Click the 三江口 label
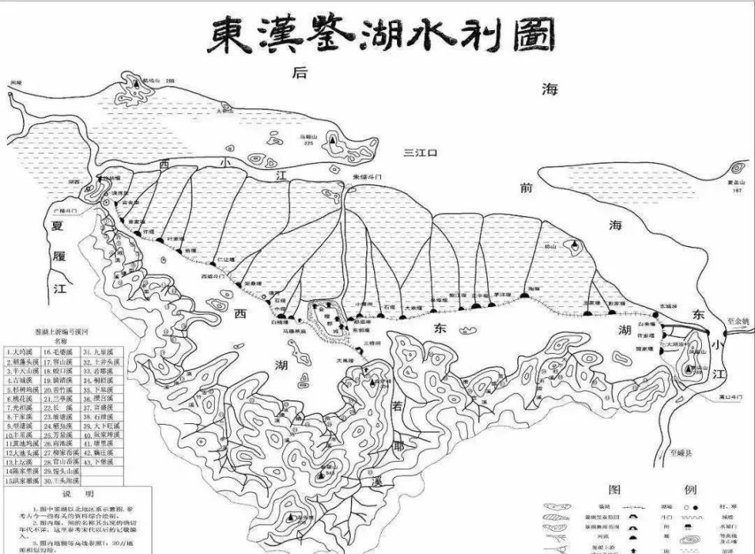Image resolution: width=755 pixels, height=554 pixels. (x=420, y=153)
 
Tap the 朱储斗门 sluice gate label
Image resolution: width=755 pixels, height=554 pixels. (x=366, y=177)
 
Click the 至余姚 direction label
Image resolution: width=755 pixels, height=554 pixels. (x=740, y=321)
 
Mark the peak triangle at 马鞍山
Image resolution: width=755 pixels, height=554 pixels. (x=332, y=142)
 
